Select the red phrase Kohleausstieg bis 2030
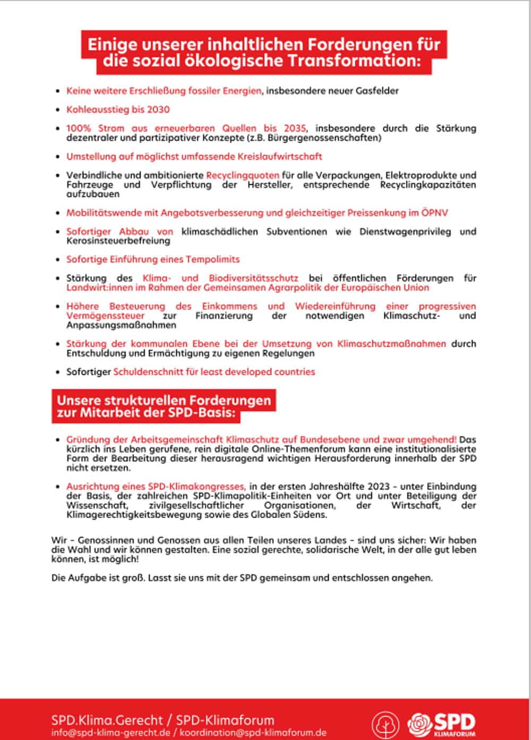(x=118, y=110)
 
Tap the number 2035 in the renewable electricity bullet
(x=295, y=128)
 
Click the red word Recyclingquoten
(x=243, y=175)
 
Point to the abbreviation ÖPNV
(x=435, y=213)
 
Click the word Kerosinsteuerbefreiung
(x=118, y=241)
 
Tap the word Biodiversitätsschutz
(x=253, y=278)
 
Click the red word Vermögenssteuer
(x=105, y=316)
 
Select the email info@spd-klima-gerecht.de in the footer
(x=110, y=733)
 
